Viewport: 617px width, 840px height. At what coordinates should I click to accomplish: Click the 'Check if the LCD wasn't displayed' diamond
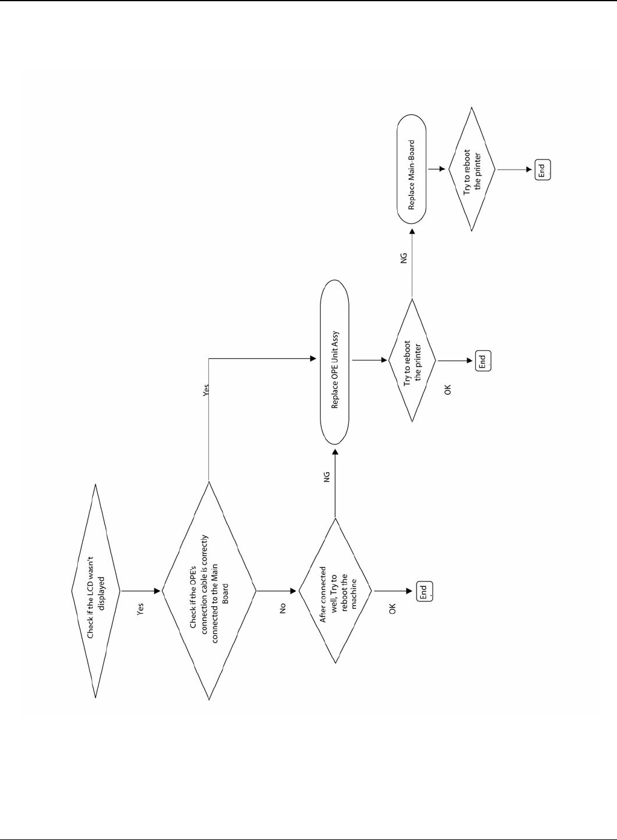click(96, 591)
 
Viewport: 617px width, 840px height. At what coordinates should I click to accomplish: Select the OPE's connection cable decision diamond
click(209, 591)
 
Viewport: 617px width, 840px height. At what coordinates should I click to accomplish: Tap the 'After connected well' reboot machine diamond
click(336, 591)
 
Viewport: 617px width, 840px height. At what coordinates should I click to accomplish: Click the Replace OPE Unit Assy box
click(334, 370)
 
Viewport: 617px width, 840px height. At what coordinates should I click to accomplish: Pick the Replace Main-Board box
click(412, 175)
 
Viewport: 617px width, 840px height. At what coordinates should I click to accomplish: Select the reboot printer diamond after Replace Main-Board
click(472, 168)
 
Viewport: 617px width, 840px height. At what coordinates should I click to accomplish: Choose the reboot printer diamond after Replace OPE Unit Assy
click(412, 361)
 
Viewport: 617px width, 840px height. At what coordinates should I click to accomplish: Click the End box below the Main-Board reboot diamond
click(542, 169)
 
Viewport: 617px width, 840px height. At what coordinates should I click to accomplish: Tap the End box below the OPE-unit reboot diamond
click(482, 361)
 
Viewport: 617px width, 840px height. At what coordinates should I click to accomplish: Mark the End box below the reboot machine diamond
click(424, 591)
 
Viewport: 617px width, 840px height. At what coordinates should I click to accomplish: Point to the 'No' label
click(282, 608)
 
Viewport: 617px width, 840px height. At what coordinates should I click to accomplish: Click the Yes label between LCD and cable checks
click(141, 609)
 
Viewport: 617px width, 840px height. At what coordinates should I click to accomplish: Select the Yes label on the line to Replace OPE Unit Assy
click(206, 390)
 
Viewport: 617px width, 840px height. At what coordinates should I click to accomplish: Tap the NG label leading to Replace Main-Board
click(404, 257)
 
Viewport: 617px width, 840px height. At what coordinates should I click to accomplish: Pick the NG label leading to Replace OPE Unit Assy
click(327, 477)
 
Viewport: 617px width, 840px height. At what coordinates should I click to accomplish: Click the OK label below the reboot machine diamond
click(392, 609)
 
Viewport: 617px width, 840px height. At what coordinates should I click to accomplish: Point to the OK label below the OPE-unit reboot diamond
click(447, 390)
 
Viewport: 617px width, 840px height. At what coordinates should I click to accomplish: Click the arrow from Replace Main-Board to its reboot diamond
click(437, 168)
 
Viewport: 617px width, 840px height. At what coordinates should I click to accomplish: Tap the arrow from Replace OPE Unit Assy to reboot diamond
click(369, 361)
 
